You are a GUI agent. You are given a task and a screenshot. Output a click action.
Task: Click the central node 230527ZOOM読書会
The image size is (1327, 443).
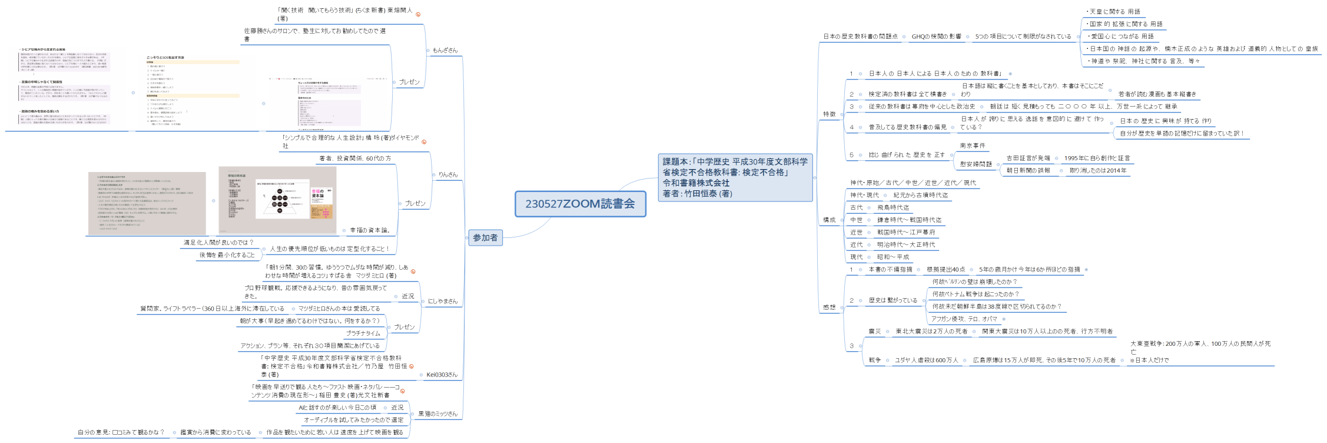click(580, 204)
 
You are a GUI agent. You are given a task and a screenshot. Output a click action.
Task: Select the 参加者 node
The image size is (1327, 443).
click(485, 237)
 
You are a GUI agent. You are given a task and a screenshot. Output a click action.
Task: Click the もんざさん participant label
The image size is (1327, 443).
click(444, 50)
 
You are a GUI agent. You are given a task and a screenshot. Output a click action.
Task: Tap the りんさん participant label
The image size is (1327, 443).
click(447, 174)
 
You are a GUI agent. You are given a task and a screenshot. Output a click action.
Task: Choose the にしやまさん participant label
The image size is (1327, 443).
click(442, 301)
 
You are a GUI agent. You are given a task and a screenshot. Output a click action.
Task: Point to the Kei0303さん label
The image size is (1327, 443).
click(442, 375)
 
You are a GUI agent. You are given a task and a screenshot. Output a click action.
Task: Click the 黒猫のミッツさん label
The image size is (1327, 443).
click(437, 414)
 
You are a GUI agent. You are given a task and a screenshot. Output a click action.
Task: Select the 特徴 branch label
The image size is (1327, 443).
click(829, 114)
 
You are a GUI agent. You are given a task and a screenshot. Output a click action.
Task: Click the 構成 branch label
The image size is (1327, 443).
click(829, 220)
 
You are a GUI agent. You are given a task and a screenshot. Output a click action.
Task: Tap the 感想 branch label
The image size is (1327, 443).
click(829, 307)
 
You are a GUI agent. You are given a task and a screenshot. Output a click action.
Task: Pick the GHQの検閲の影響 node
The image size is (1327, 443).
click(936, 37)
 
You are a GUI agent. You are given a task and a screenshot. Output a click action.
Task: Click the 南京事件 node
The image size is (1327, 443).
click(972, 146)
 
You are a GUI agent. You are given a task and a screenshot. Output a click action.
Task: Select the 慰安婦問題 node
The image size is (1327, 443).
click(976, 164)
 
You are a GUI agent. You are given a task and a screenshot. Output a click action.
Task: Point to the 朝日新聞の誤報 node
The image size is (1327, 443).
click(1028, 170)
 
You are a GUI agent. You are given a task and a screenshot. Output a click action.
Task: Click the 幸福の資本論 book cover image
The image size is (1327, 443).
click(321, 204)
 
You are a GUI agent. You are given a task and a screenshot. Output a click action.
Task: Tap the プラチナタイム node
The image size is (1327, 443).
click(363, 333)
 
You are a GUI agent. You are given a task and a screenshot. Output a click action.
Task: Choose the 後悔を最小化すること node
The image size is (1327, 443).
click(227, 255)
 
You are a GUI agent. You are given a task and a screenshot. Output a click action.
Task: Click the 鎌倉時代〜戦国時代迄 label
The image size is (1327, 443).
click(909, 220)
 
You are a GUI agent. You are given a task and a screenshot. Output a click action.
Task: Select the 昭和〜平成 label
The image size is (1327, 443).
click(893, 257)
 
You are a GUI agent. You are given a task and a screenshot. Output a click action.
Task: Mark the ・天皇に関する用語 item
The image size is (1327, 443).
click(1113, 12)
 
